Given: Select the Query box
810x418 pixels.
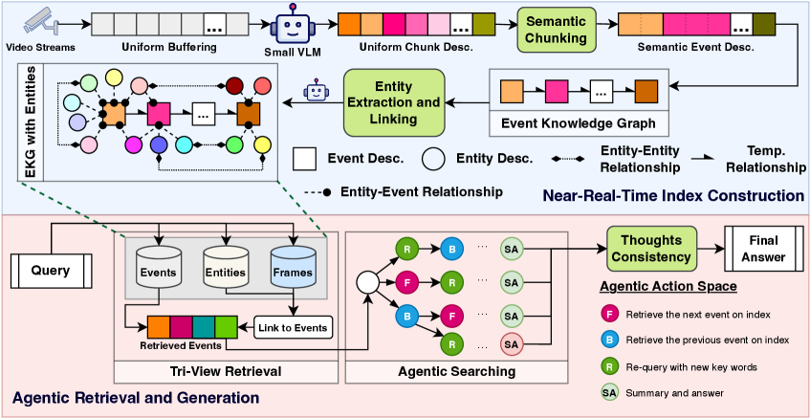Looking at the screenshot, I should pyautogui.click(x=51, y=271).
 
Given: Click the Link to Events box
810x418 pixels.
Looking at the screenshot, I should pyautogui.click(x=292, y=327).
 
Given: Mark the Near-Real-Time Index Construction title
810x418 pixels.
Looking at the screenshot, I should pyautogui.click(x=673, y=195).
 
